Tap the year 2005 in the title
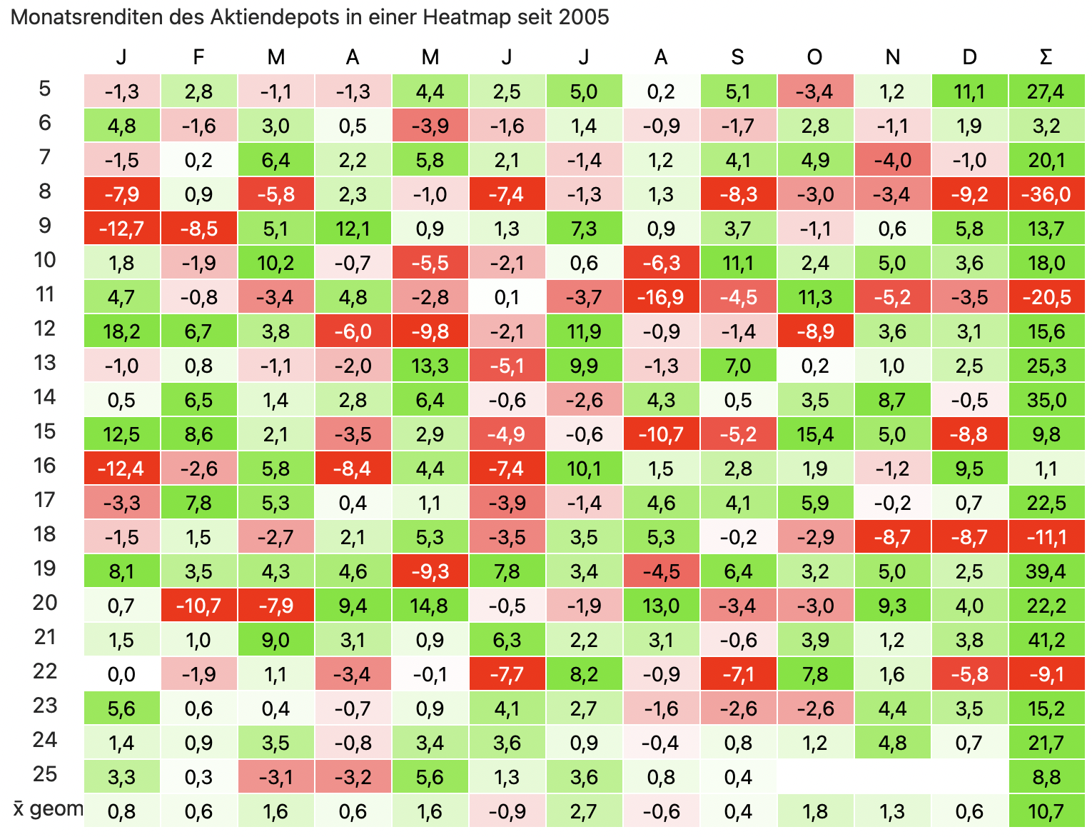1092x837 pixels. (585, 17)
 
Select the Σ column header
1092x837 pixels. (1046, 57)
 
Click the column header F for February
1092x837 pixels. (198, 57)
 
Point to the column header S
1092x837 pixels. (738, 57)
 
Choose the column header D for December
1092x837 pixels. (969, 57)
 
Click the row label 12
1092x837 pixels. (44, 329)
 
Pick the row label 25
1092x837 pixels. (44, 774)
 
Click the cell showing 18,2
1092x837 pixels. (121, 331)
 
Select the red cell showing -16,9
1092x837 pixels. (661, 297)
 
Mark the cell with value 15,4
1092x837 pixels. (815, 434)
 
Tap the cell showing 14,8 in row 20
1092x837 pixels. (430, 606)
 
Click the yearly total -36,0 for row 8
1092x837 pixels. (1046, 194)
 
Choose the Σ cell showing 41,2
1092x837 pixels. (1046, 640)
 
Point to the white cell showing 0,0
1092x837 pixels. (121, 674)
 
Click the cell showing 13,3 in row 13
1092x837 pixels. (430, 366)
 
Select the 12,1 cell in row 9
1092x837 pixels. (353, 229)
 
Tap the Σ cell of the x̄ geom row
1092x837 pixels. (1046, 811)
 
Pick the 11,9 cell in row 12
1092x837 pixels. (584, 331)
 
